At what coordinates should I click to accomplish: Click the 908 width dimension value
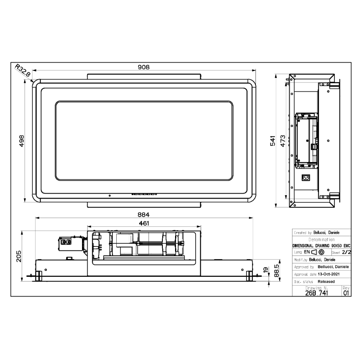tap(144, 67)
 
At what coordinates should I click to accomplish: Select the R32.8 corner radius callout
tap(22, 70)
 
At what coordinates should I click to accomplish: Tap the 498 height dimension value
tap(21, 141)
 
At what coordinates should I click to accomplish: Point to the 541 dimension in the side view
tap(272, 141)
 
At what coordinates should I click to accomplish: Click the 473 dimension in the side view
tap(283, 141)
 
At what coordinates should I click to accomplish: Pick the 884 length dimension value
tap(144, 215)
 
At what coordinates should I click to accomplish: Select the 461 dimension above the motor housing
tap(144, 223)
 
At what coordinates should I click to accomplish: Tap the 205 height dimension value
tap(19, 256)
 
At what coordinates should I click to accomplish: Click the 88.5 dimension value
tap(276, 270)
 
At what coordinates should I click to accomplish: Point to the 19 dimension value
tap(266, 270)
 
